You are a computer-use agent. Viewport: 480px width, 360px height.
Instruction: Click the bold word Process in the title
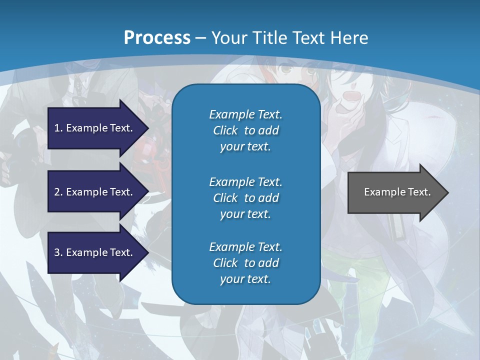click(x=157, y=38)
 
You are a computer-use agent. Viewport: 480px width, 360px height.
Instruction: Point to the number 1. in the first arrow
click(x=58, y=128)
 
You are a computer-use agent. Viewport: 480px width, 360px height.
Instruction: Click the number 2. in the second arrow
click(x=58, y=192)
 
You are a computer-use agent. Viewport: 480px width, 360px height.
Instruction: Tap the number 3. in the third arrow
click(x=58, y=252)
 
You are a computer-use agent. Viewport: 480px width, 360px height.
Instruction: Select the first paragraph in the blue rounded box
click(x=245, y=130)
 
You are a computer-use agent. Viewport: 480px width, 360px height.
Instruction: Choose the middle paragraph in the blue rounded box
click(x=245, y=197)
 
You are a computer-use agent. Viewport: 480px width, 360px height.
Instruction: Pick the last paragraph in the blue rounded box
click(x=245, y=263)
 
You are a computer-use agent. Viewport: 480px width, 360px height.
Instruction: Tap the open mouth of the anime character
click(x=352, y=96)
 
